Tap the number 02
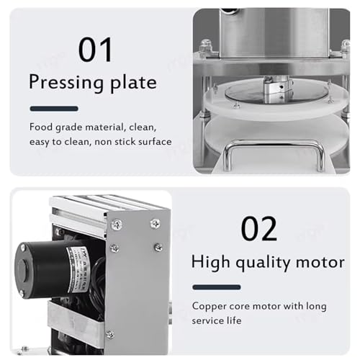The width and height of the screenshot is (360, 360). click(259, 228)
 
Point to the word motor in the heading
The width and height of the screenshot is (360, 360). click(317, 262)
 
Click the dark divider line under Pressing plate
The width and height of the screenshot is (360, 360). click(53, 109)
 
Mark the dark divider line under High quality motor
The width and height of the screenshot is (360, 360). click(216, 287)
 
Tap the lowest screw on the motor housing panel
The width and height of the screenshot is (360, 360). click(109, 334)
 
